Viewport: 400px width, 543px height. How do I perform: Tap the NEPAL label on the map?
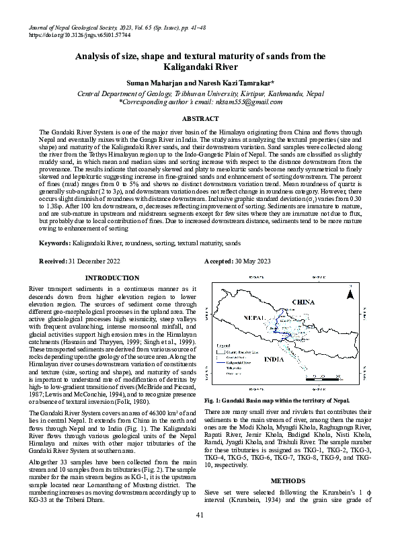tap(254, 315)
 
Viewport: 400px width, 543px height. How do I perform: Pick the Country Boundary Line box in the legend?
tap(224, 350)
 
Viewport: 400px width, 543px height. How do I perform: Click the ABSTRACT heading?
tap(200, 118)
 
